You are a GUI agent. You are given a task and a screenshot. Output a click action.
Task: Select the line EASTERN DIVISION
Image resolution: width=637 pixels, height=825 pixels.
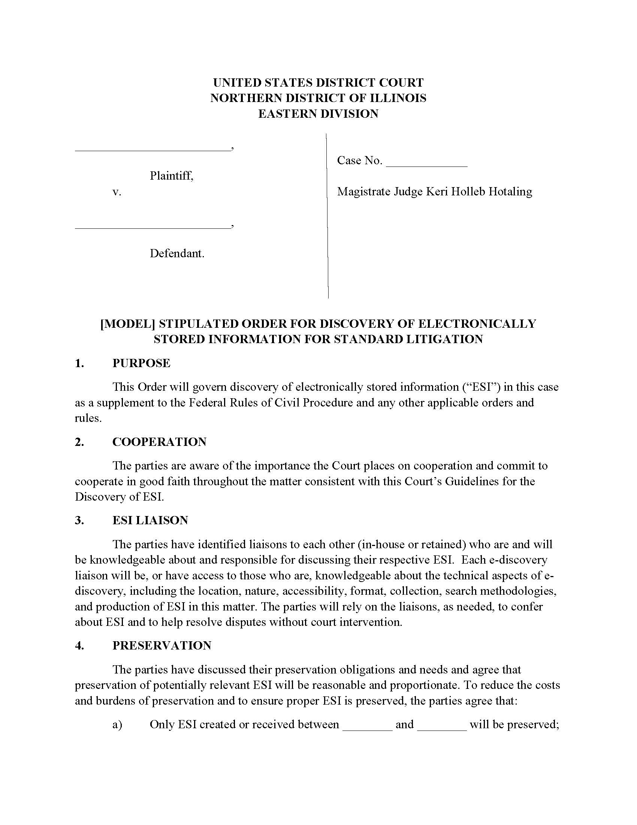(318, 114)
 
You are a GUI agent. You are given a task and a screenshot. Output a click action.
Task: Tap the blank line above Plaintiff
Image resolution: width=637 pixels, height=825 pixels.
(153, 149)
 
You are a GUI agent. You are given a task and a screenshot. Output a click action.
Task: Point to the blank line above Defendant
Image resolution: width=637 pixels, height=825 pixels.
(153, 227)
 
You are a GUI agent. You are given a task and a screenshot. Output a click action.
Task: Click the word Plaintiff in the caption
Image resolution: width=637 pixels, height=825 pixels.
(171, 175)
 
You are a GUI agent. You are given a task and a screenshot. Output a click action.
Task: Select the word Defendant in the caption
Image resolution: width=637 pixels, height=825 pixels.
(176, 253)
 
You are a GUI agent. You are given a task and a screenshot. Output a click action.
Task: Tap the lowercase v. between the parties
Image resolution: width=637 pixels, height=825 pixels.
(117, 192)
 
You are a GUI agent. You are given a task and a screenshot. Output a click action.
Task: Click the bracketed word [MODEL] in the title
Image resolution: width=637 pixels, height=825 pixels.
(128, 324)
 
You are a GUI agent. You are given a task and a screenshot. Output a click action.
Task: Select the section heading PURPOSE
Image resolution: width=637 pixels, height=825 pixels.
(142, 363)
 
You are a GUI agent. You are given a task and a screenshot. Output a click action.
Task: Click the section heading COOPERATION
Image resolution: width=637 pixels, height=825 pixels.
(159, 442)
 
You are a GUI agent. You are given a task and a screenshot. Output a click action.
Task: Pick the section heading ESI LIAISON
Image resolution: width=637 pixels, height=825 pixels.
(150, 520)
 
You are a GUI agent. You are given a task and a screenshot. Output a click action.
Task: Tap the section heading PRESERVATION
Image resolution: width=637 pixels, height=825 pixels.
(161, 645)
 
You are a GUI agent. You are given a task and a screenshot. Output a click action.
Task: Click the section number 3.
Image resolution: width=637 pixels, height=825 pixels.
(79, 520)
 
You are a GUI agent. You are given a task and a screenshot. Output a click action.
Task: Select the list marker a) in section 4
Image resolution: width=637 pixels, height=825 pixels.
(117, 724)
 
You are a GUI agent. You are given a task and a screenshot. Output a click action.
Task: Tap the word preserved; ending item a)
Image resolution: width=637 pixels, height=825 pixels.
(533, 724)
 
